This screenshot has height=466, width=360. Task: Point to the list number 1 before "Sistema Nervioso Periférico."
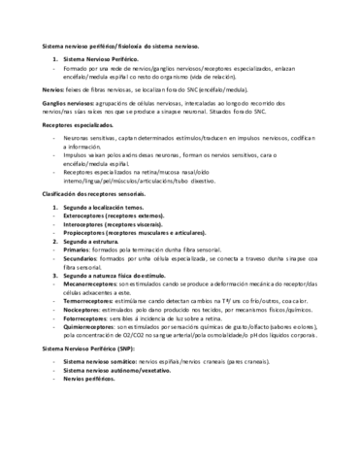(x=54, y=60)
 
